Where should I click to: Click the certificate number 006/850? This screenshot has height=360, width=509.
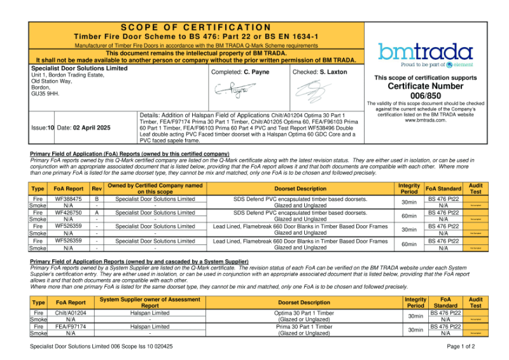click(x=425, y=95)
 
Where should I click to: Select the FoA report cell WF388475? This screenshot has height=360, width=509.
click(x=69, y=199)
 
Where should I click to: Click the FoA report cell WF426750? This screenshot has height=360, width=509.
click(x=69, y=213)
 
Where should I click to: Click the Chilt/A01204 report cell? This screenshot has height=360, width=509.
click(x=71, y=313)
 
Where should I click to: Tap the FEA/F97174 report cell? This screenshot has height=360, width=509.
click(x=71, y=326)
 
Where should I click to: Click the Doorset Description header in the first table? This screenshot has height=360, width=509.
click(x=300, y=188)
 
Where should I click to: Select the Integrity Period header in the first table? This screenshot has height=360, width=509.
click(x=409, y=188)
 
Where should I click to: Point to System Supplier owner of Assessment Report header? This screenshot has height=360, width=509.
click(x=150, y=302)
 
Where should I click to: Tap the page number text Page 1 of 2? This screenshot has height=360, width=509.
click(x=461, y=347)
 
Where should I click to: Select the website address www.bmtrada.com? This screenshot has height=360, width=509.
click(x=425, y=120)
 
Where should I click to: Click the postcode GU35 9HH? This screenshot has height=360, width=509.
click(x=45, y=93)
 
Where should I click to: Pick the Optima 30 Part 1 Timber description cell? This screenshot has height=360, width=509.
click(x=304, y=313)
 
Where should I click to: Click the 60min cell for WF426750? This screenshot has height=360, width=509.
click(x=409, y=216)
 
